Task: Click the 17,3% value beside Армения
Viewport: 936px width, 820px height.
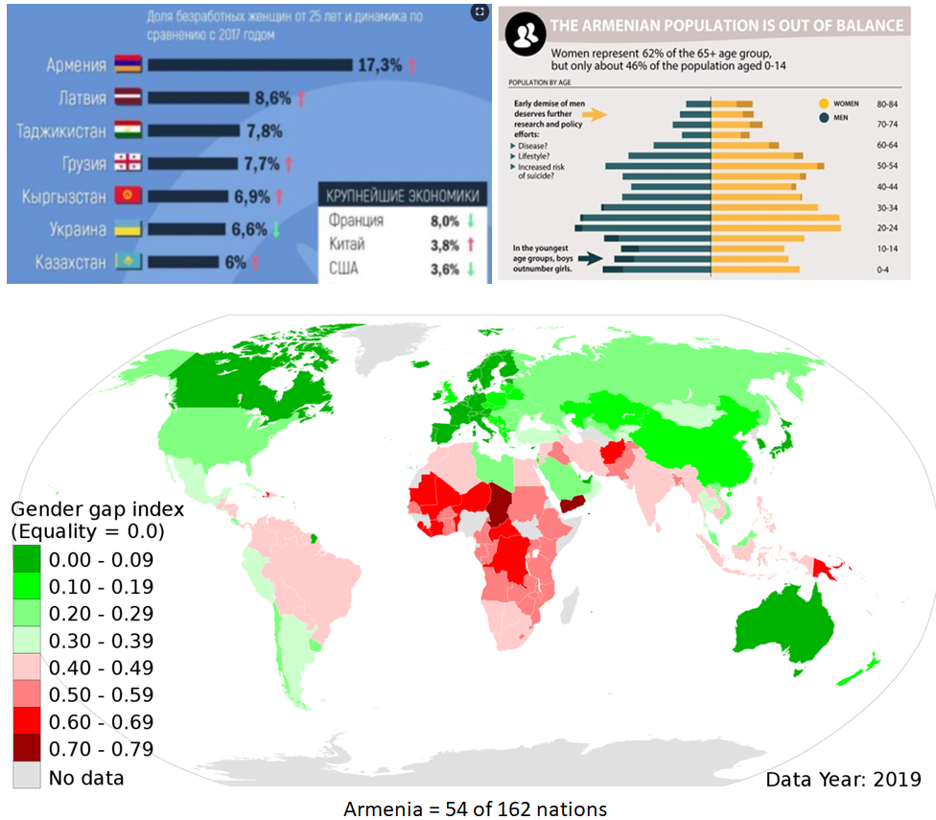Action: click(380, 65)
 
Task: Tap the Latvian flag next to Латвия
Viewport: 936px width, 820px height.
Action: click(129, 97)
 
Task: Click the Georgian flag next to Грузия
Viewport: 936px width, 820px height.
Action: click(129, 163)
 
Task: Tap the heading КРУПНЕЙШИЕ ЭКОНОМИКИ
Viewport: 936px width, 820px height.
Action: click(403, 196)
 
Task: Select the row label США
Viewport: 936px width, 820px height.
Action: click(345, 268)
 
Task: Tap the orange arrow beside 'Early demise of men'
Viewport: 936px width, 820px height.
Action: click(596, 115)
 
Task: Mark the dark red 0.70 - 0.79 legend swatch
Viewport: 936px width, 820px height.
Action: click(27, 748)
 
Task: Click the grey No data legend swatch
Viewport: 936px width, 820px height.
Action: click(27, 775)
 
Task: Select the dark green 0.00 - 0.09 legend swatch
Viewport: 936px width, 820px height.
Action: click(27, 559)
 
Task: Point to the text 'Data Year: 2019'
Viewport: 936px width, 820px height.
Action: click(843, 779)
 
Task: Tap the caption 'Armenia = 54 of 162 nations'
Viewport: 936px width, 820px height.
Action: click(475, 808)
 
